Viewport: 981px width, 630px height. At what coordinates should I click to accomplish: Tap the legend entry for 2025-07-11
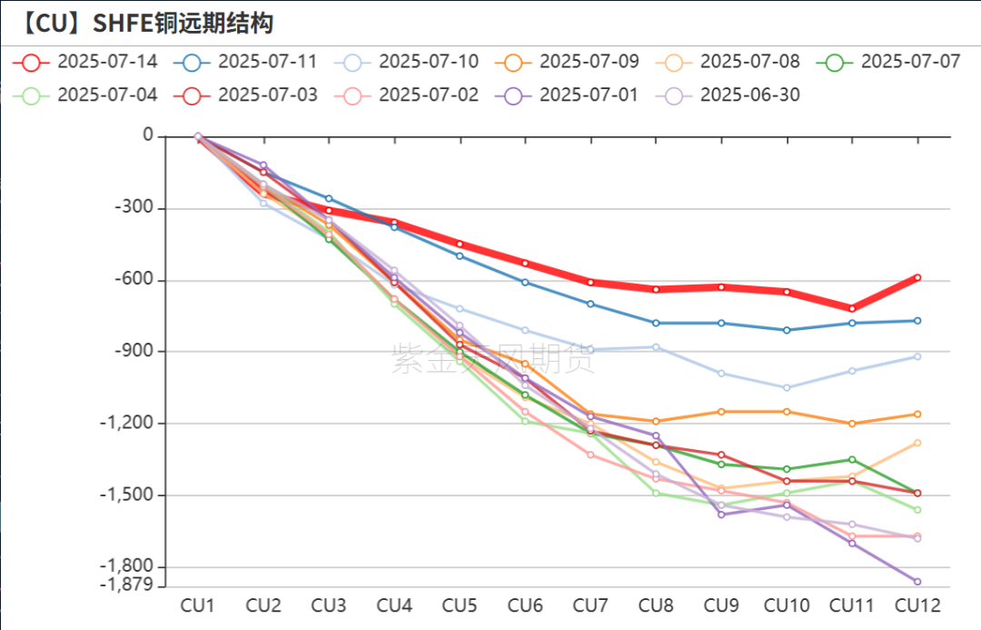(249, 62)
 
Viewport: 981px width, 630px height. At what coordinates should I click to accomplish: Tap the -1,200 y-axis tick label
(129, 424)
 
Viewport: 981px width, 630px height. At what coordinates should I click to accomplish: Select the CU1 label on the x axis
(198, 605)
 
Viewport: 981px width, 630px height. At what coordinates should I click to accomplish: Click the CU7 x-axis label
(590, 605)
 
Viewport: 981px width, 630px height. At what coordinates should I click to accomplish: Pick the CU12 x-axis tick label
(917, 605)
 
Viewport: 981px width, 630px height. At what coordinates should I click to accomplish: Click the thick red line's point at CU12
(917, 277)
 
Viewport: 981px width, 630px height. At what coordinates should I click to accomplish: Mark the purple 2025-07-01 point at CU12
(917, 582)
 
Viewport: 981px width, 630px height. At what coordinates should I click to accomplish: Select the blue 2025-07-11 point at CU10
(787, 330)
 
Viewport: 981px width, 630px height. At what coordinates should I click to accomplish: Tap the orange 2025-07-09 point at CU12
(917, 415)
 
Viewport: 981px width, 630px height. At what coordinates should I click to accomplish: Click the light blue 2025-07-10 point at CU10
(787, 388)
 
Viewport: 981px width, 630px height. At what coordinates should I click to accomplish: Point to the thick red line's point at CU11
(852, 309)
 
